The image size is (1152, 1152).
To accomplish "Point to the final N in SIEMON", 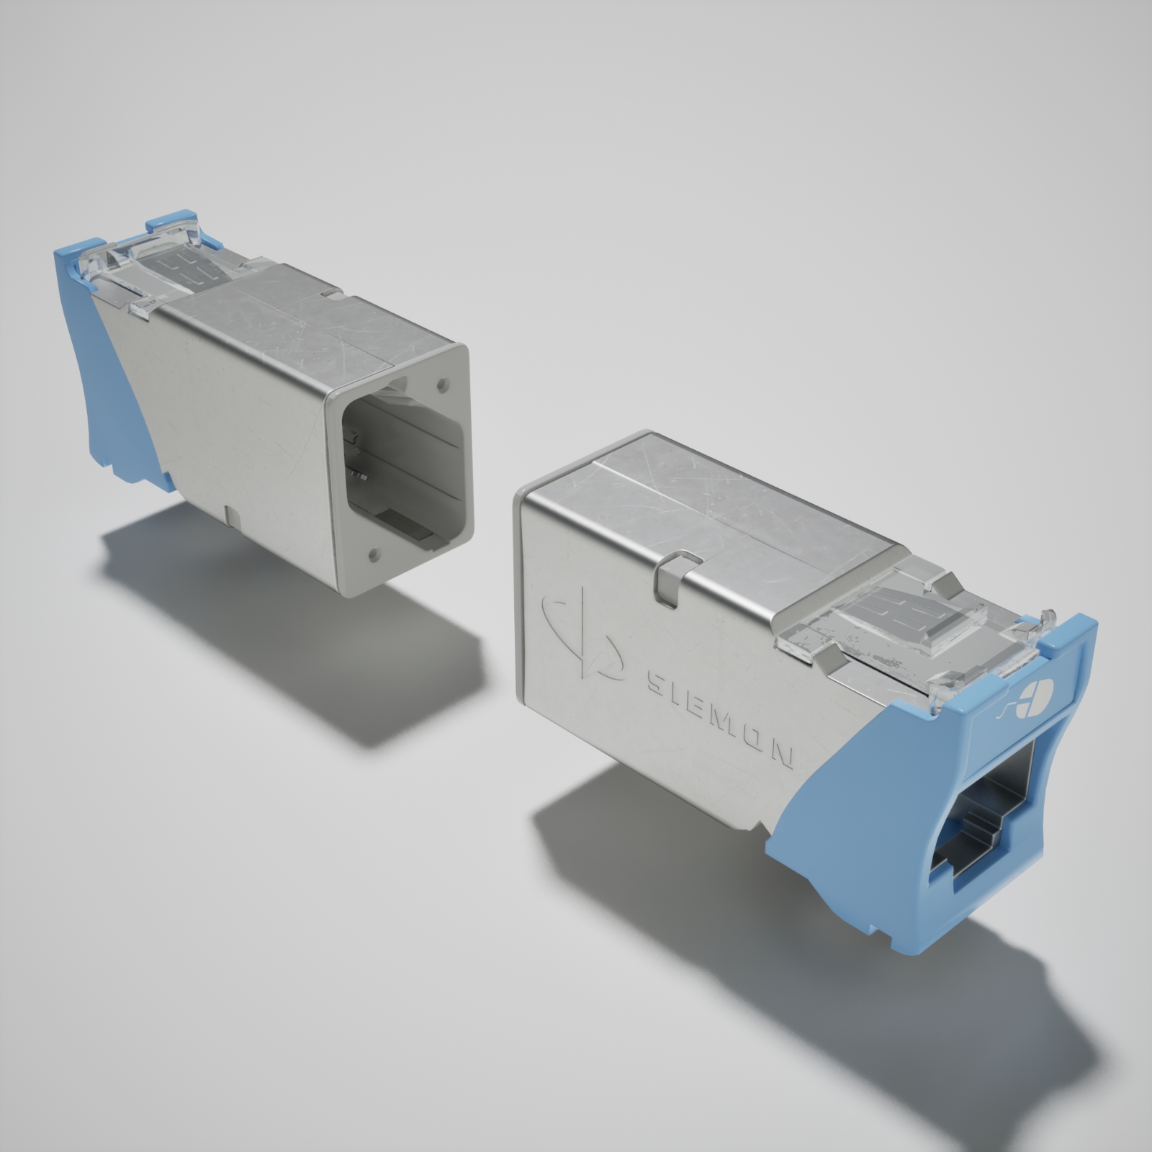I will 783,755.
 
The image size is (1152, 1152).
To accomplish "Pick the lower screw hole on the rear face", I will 374,554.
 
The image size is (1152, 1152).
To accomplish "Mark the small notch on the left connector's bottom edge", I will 230,515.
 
